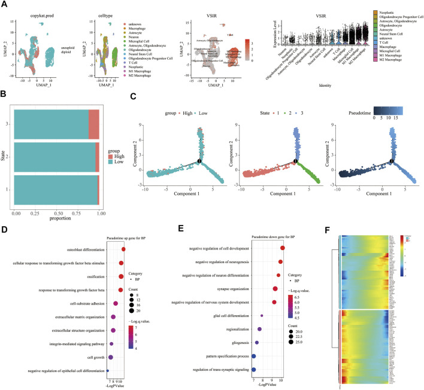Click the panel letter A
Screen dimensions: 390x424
pyautogui.click(x=5, y=4)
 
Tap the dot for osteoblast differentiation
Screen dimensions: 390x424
pyautogui.click(x=123, y=250)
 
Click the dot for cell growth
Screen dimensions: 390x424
pyautogui.click(x=111, y=358)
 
